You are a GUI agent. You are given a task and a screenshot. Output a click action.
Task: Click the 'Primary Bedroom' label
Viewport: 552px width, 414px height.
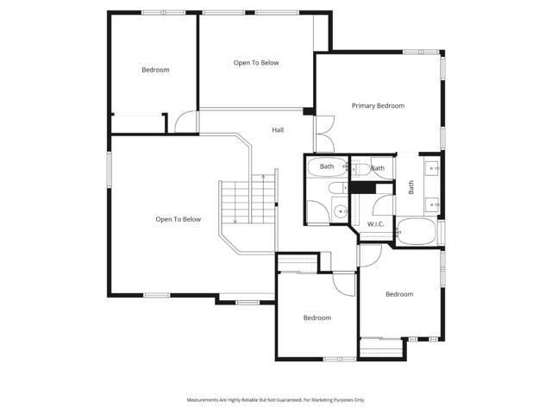pyautogui.click(x=378, y=105)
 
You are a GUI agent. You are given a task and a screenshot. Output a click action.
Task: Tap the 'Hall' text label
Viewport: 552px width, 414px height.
pyautogui.click(x=278, y=130)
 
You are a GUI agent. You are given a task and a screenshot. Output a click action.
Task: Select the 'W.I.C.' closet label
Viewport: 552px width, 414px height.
pyautogui.click(x=375, y=223)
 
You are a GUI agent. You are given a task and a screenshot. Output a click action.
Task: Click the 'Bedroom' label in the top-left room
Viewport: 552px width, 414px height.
pyautogui.click(x=155, y=70)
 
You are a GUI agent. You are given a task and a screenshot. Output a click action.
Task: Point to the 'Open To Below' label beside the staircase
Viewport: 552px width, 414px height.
pyautogui.click(x=178, y=219)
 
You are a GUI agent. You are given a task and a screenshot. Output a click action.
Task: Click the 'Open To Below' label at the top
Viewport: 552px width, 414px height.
pyautogui.click(x=256, y=63)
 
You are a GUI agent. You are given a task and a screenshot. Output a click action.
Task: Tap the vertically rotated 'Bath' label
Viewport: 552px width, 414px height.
pyautogui.click(x=411, y=185)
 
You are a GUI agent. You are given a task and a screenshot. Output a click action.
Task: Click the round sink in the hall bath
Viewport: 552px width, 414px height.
pyautogui.click(x=341, y=209)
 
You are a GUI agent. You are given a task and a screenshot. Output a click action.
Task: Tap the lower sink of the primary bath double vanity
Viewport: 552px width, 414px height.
pyautogui.click(x=430, y=204)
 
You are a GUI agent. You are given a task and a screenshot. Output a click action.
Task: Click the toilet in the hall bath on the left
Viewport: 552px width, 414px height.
pyautogui.click(x=316, y=210)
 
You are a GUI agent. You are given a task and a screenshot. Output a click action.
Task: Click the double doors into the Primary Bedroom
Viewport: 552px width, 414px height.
pyautogui.click(x=323, y=135)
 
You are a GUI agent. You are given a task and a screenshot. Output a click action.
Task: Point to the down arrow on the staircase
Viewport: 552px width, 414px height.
pyautogui.click(x=235, y=220)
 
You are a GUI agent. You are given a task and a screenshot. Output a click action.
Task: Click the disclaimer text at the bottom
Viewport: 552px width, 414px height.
pyautogui.click(x=276, y=400)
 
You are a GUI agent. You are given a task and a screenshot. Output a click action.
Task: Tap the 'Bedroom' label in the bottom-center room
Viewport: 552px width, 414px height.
pyautogui.click(x=317, y=318)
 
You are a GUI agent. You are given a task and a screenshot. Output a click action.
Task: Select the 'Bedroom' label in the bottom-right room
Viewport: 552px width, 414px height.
pyautogui.click(x=399, y=294)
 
